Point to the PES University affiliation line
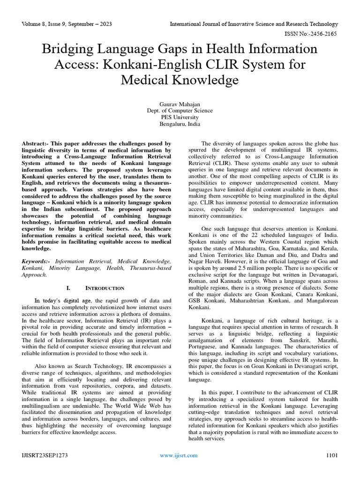pyautogui.click(x=180, y=117)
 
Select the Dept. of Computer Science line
pyautogui.click(x=180, y=111)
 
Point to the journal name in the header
pyautogui.click(x=254, y=24)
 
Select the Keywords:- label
pyautogui.click(x=37, y=261)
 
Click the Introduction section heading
pyautogui.click(x=105, y=288)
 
